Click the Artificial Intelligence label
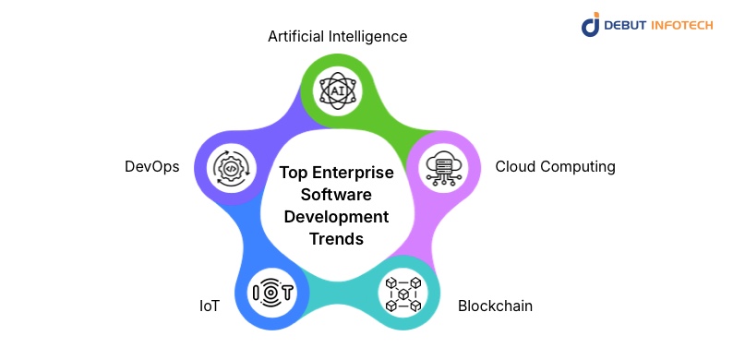pos(337,37)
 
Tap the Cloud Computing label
pos(555,167)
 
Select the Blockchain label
pos(495,306)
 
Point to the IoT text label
pos(209,306)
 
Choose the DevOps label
pos(151,167)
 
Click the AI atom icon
pos(337,90)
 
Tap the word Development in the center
pos(337,217)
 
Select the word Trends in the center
pos(337,239)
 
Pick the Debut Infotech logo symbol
pos(591,24)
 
